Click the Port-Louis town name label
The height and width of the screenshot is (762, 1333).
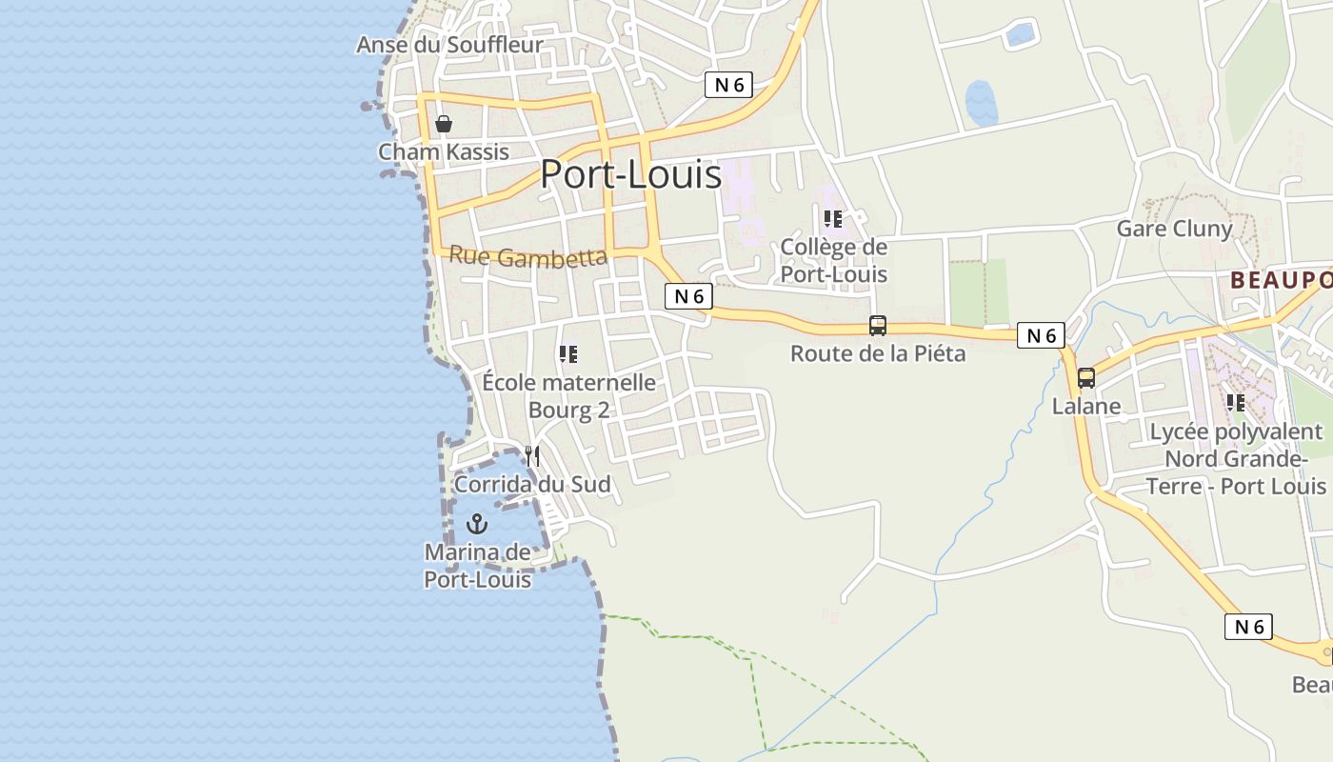coord(630,174)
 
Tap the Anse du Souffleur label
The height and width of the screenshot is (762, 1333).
coord(449,45)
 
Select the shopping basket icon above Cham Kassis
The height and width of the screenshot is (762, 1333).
coord(444,124)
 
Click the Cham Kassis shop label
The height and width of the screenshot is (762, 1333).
coord(444,152)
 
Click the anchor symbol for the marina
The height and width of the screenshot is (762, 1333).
coord(477,524)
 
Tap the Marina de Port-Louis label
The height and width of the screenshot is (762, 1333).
coord(477,566)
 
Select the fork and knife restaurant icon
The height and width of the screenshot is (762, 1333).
coord(532,456)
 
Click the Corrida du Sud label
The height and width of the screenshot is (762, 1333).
coord(532,485)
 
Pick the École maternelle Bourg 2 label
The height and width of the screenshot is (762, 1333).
coord(568,396)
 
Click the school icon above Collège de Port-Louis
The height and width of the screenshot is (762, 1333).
coord(833,219)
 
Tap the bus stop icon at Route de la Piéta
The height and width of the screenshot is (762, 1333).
coord(878,326)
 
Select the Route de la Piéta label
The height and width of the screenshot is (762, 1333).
coord(878,354)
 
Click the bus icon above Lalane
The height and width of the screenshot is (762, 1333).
coord(1086,378)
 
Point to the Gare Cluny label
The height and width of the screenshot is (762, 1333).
coord(1174,229)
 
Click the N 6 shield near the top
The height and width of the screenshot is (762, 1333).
coord(728,85)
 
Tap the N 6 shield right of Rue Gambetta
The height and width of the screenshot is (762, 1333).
coord(688,296)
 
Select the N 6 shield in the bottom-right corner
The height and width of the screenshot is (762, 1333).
coord(1248,627)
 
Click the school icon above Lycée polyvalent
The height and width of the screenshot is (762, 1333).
coord(1236,403)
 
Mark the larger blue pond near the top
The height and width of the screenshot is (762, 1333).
coord(981,102)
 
